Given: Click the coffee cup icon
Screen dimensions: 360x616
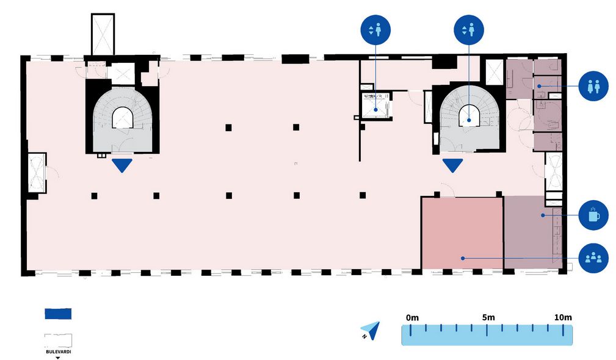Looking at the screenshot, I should pos(594,215).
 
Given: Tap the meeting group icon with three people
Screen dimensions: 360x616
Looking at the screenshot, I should pos(594,257).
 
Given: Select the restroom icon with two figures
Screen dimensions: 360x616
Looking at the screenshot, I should pos(594,86).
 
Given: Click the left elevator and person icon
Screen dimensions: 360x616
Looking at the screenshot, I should pos(375,30).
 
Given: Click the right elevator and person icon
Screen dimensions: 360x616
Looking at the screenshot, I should pos(469,30).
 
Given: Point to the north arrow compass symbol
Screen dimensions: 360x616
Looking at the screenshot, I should pos(371,330).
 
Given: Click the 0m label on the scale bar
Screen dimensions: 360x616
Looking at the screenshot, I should pos(412,317).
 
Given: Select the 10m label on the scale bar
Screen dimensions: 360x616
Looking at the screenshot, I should pos(562,317).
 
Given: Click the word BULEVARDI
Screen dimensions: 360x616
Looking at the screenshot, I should pos(58,351).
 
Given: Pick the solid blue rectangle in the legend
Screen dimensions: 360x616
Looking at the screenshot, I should pos(58,314).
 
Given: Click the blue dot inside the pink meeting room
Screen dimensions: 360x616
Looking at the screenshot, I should pos(463,258).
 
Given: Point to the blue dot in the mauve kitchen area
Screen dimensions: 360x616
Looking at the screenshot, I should pos(542,215).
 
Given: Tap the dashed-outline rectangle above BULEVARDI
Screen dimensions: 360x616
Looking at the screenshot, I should pos(58,340).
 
